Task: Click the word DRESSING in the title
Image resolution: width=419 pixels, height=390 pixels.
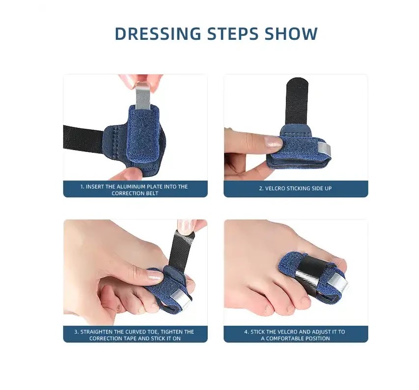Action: point(158,33)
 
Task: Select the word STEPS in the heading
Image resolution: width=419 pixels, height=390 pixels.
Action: point(233,33)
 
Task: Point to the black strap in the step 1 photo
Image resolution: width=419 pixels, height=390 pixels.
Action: point(83,140)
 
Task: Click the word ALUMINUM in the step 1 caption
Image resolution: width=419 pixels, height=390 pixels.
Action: point(132,186)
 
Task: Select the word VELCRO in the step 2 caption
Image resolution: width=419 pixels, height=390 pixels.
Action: point(275,188)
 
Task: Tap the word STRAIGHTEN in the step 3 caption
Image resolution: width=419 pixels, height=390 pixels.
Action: point(96,331)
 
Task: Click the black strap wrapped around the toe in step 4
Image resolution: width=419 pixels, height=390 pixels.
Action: point(310,268)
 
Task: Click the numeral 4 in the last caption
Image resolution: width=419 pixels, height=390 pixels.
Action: point(246,331)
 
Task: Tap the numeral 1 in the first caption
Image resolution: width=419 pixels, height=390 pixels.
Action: point(82,186)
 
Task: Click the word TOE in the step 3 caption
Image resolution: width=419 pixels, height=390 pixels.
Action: point(153,331)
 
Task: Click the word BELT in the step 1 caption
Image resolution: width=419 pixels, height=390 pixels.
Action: point(152,193)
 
